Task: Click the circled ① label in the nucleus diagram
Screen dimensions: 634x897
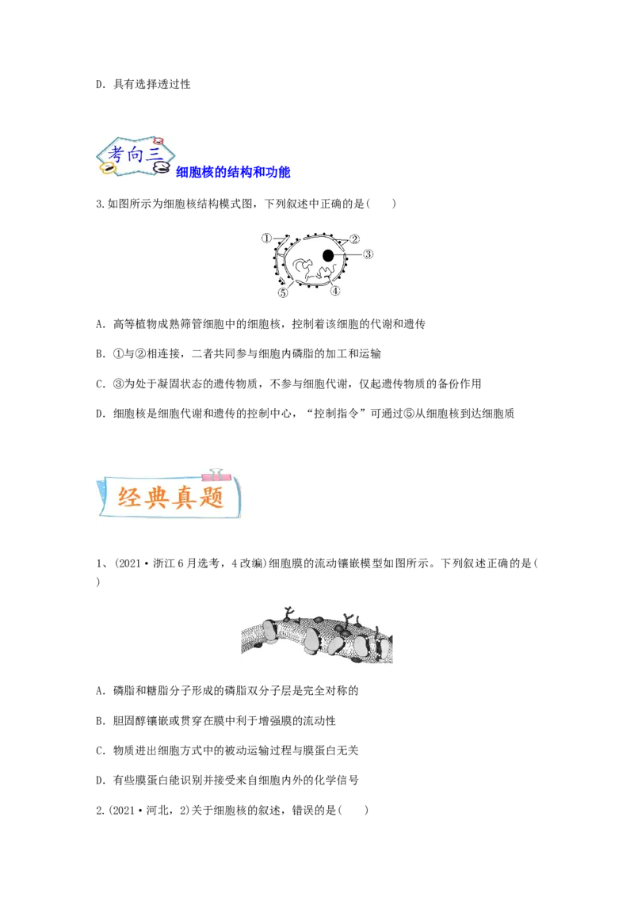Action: (266, 238)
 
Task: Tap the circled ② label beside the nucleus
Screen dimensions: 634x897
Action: (354, 239)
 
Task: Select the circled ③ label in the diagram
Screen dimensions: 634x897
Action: (368, 254)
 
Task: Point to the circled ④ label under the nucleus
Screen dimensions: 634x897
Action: (334, 291)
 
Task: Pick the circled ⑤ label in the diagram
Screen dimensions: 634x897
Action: (283, 293)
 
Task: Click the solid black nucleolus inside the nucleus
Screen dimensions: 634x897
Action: (328, 255)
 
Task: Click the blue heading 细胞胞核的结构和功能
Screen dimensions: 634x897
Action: (233, 172)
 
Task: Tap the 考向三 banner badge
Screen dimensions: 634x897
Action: (135, 155)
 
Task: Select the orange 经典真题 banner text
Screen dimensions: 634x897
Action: (170, 497)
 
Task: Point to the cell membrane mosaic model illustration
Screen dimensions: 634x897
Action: (317, 635)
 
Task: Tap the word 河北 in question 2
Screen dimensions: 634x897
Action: (157, 810)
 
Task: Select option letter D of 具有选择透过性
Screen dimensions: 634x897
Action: (100, 85)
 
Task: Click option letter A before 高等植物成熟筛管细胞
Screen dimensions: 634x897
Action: (100, 324)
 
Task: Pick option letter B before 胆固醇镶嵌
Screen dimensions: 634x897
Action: (100, 721)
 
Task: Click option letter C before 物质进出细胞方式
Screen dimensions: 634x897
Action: (100, 750)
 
